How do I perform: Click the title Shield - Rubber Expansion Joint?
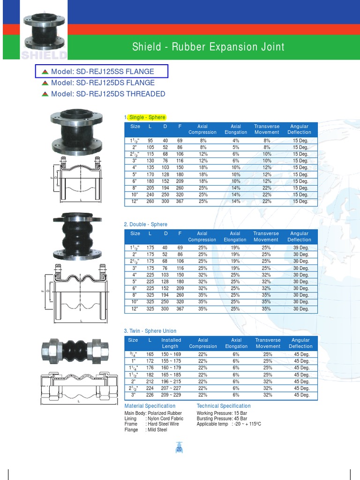click(x=208, y=47)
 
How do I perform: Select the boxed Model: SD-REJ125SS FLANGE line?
click(x=102, y=72)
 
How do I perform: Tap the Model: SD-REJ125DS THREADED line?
click(x=108, y=94)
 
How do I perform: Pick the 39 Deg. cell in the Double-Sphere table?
click(x=300, y=248)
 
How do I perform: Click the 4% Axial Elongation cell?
click(x=236, y=141)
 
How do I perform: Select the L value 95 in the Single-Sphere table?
click(x=150, y=141)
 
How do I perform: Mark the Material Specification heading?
click(x=150, y=406)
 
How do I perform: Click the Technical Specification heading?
click(x=224, y=406)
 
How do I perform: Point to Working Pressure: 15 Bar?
click(x=222, y=413)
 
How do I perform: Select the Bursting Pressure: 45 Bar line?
click(x=222, y=419)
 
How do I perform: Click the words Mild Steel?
click(x=157, y=430)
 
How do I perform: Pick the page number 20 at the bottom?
click(x=179, y=450)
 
